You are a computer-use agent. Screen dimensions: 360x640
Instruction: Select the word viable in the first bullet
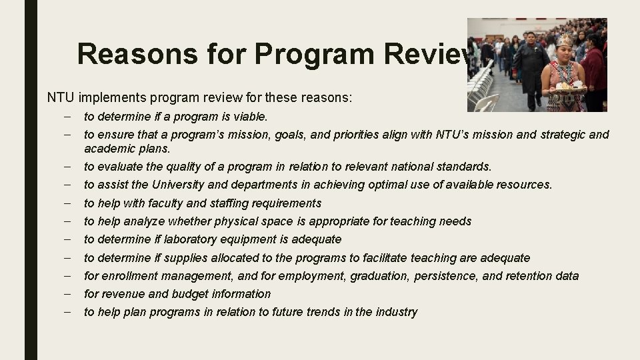[x=249, y=117]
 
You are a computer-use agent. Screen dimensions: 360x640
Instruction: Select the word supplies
[x=203, y=257]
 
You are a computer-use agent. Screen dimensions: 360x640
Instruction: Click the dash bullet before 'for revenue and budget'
[x=69, y=293]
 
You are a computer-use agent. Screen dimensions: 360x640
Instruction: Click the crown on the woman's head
[x=566, y=41]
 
